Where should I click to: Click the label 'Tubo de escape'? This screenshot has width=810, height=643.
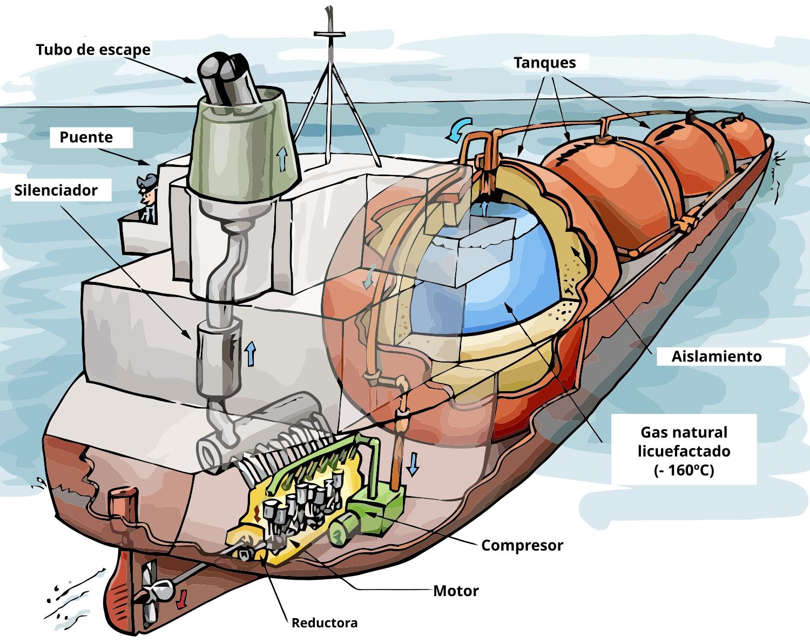(93, 50)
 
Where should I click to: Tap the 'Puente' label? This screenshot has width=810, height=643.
(86, 137)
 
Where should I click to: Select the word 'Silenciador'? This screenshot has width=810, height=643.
(56, 190)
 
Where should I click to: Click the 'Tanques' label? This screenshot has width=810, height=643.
(544, 63)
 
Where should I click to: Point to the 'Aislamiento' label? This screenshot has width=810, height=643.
(716, 357)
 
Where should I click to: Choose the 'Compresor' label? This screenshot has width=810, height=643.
(522, 545)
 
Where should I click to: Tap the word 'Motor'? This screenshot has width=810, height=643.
(456, 591)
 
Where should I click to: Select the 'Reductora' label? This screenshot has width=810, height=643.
(324, 622)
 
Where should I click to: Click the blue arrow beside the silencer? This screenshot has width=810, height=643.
(249, 354)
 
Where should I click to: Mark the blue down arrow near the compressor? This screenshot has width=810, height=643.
(413, 464)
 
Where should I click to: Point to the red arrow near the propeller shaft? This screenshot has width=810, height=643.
(182, 597)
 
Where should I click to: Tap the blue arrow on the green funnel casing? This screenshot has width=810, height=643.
(281, 159)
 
